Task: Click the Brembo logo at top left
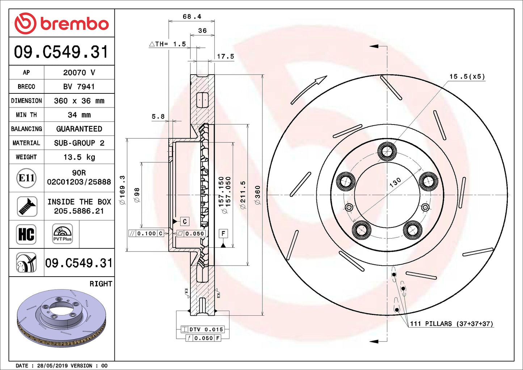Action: [x=62, y=24]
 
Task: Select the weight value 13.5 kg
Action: [x=79, y=157]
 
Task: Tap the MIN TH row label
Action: [x=26, y=115]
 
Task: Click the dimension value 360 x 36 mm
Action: [x=79, y=101]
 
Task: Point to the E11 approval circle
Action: [x=26, y=178]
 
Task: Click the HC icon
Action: [x=26, y=234]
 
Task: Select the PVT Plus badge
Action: [x=62, y=234]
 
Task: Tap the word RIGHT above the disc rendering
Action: [x=101, y=284]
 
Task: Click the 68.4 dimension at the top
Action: [x=192, y=17]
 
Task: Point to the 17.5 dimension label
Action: [x=225, y=56]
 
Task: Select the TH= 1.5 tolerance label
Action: [x=168, y=44]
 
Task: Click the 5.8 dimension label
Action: [x=158, y=117]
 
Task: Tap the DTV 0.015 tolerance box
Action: [x=203, y=329]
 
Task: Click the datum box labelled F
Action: [x=223, y=234]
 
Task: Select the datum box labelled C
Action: [x=185, y=222]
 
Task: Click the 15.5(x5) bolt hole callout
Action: [x=467, y=76]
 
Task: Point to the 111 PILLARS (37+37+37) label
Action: [x=451, y=324]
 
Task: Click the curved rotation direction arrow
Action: [x=308, y=90]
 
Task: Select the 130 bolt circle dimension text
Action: [x=395, y=182]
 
